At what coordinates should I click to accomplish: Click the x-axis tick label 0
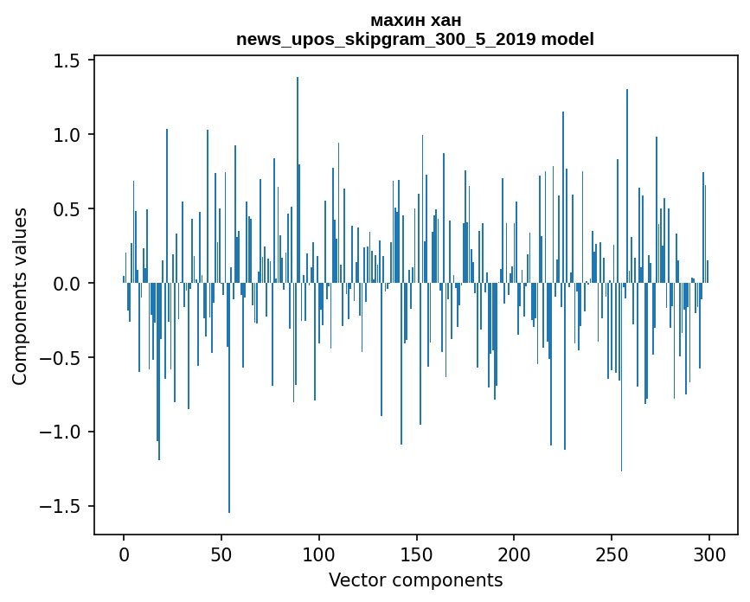124,554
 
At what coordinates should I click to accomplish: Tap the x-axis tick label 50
221,554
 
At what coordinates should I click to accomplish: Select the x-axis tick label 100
319,554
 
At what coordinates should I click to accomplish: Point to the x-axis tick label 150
417,554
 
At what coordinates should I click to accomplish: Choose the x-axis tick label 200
515,554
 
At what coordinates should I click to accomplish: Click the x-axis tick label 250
612,554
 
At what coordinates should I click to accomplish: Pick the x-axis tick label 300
710,554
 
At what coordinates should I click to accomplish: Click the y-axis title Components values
21,296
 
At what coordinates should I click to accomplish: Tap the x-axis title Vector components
415,580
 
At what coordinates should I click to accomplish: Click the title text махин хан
415,20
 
